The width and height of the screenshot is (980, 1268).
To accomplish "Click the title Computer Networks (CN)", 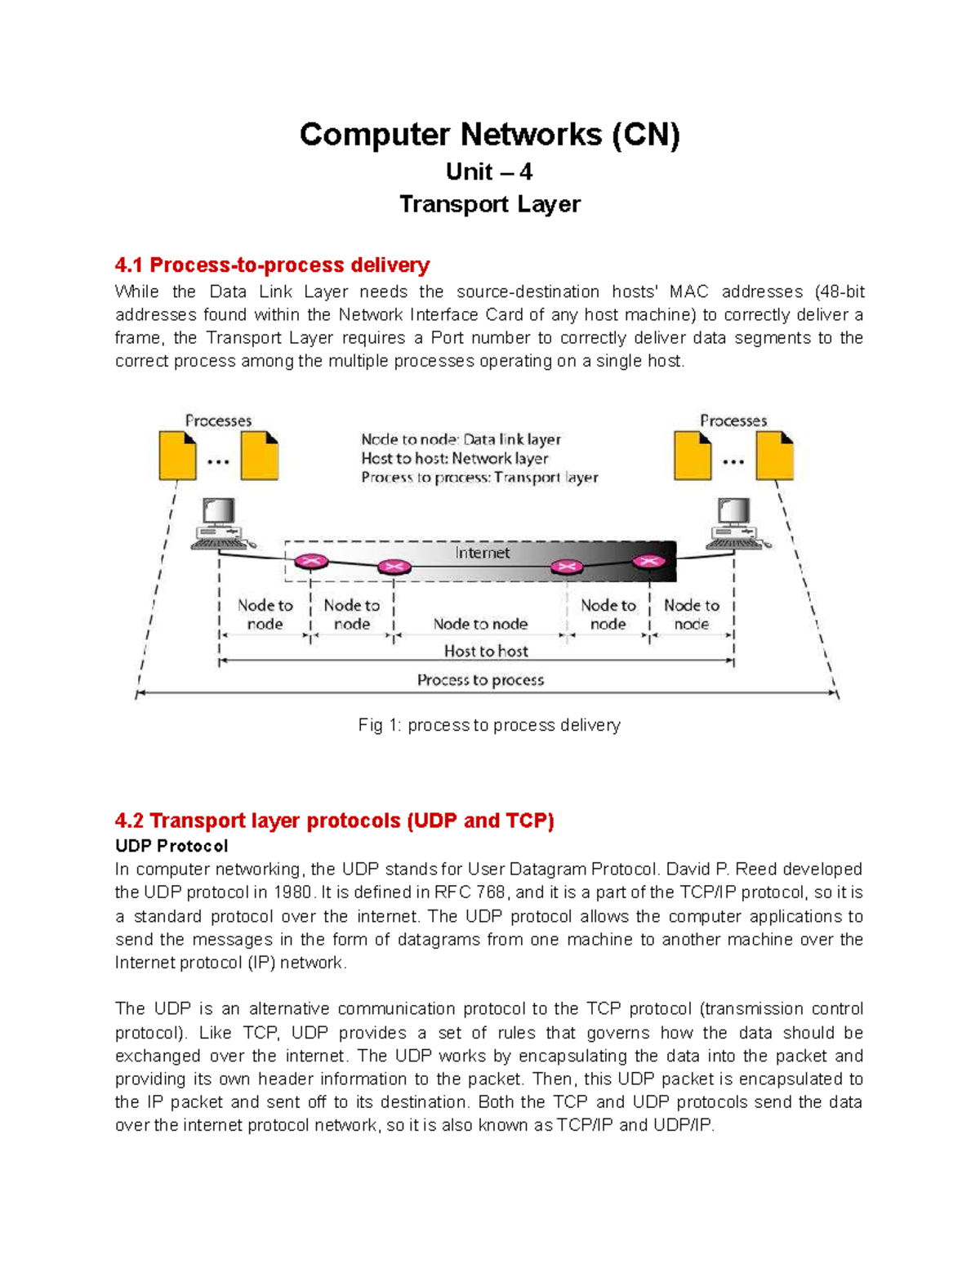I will pyautogui.click(x=489, y=135).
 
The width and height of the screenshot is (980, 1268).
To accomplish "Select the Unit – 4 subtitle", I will pyautogui.click(x=489, y=172).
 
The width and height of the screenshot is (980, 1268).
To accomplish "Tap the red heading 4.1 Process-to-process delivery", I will pyautogui.click(x=272, y=265).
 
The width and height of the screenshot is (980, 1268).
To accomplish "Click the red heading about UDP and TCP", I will pyautogui.click(x=334, y=821).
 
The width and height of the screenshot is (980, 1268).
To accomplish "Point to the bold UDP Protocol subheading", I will pyautogui.click(x=171, y=846).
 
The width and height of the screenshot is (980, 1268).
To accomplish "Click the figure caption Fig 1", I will pyautogui.click(x=489, y=725).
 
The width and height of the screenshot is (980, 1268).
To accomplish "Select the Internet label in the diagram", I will pyautogui.click(x=482, y=553).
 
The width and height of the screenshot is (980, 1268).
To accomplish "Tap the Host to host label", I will pyautogui.click(x=486, y=651).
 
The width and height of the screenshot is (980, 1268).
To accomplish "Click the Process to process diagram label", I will pyautogui.click(x=480, y=680).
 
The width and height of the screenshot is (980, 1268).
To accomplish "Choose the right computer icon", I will pyautogui.click(x=736, y=523).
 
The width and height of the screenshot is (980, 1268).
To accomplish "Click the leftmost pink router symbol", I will pyautogui.click(x=311, y=562).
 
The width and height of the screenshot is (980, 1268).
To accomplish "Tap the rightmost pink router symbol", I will pyautogui.click(x=648, y=561).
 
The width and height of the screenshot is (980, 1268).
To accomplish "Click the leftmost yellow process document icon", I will pyautogui.click(x=177, y=456).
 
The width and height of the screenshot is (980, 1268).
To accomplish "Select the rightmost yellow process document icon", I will pyautogui.click(x=774, y=456).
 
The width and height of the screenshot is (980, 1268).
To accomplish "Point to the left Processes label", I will pyautogui.click(x=218, y=420).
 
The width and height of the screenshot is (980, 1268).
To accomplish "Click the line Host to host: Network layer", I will pyautogui.click(x=455, y=459).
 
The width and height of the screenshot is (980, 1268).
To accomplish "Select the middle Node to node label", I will pyautogui.click(x=480, y=624).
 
